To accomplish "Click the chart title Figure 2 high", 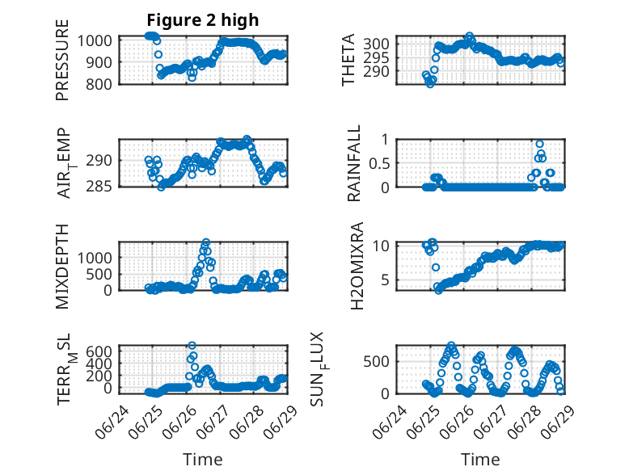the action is coord(203,20).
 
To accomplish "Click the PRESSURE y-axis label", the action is coord(62,60).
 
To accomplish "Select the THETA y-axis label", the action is coord(348,60).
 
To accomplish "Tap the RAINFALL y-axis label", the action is coord(354,163).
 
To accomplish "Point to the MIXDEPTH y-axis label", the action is coord(62,267).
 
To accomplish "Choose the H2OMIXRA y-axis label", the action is coord(357,266).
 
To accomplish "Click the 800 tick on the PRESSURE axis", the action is coord(99,85).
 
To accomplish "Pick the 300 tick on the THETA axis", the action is coord(376,44).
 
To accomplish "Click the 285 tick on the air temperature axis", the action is coord(99,187).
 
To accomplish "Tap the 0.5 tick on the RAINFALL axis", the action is coord(378,163).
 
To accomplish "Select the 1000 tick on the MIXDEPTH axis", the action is coord(95,258).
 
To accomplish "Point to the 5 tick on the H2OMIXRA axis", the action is coord(385,280).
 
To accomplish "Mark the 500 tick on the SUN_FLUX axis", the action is coord(376,362).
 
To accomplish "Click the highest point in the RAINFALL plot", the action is coord(539,145).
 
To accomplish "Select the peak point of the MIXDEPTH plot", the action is coord(206,242).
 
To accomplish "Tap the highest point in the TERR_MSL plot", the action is coord(192,345).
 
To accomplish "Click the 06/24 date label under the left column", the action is coord(112,422).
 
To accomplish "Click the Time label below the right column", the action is coord(480,460).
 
